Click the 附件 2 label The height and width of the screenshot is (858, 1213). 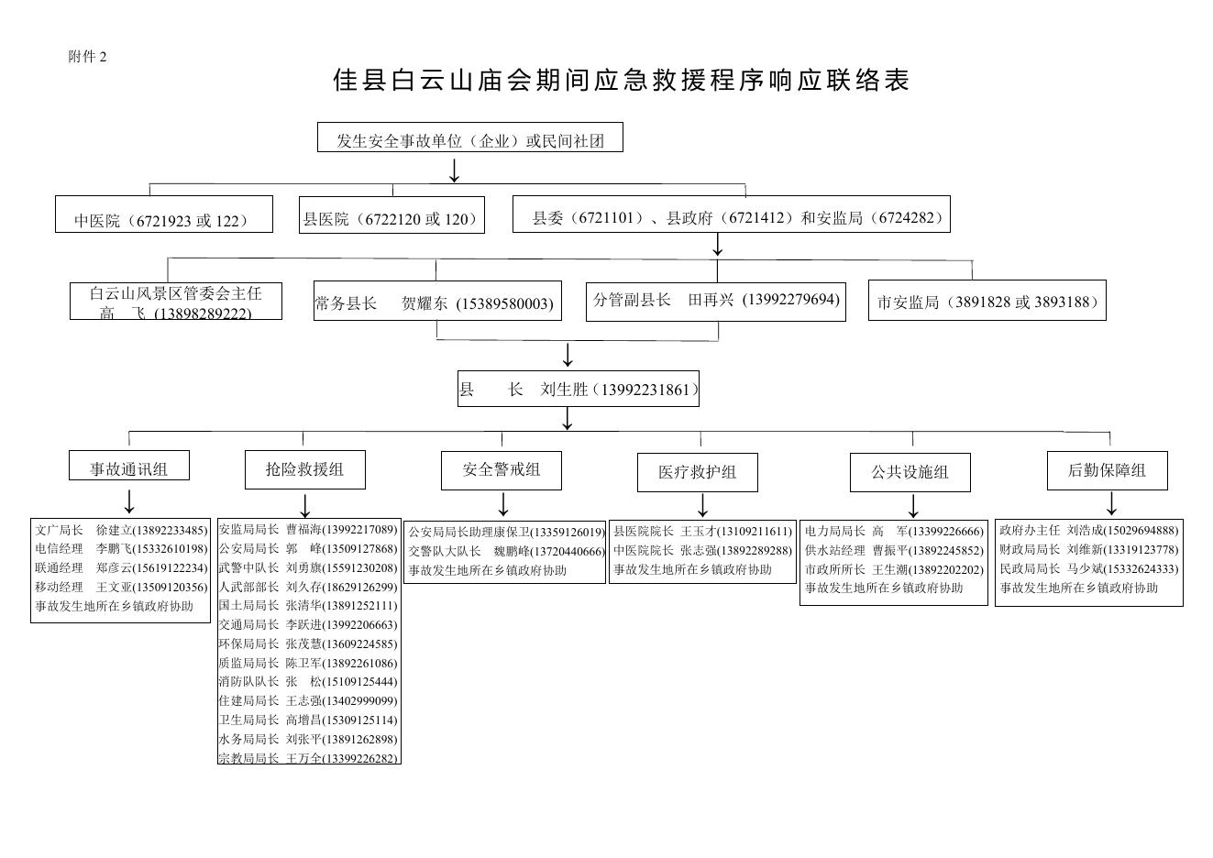click(x=87, y=57)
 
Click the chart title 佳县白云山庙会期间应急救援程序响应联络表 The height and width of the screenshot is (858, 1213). click(x=621, y=81)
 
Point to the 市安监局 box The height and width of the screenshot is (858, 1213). click(x=987, y=301)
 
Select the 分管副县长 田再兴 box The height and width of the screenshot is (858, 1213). click(x=716, y=301)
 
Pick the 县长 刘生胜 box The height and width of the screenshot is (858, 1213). click(x=578, y=389)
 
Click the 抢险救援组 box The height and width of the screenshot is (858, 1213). click(x=304, y=469)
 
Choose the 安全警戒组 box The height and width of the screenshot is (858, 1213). click(x=501, y=470)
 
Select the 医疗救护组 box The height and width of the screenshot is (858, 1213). click(x=697, y=472)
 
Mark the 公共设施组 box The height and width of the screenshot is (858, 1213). click(x=910, y=472)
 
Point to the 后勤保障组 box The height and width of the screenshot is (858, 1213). click(x=1107, y=470)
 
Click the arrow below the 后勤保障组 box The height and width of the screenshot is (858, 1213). click(x=1111, y=503)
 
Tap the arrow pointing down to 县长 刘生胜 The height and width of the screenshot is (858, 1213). click(x=568, y=355)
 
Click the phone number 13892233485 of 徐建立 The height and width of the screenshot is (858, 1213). click(x=171, y=530)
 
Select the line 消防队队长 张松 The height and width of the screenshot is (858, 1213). click(x=308, y=682)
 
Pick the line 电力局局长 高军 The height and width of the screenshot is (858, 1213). click(x=894, y=531)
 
